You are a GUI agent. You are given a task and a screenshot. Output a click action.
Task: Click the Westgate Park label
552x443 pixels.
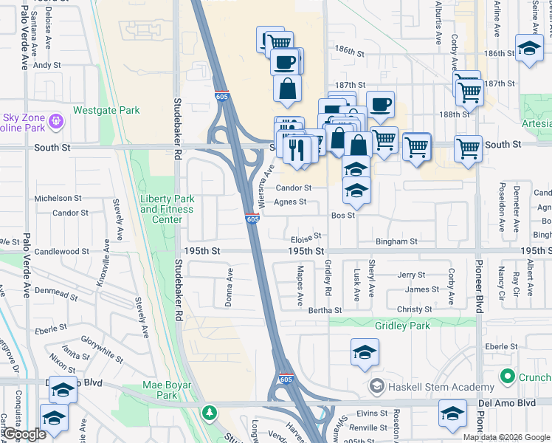click(x=106, y=111)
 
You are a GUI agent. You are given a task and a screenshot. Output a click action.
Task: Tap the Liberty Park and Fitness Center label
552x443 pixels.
click(x=167, y=209)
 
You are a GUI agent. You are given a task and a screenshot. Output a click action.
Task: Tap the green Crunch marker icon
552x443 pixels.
click(x=507, y=377)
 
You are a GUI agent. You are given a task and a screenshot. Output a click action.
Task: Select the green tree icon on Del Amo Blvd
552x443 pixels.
click(x=210, y=411)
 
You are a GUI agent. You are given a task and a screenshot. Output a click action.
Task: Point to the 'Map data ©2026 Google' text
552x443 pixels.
click(x=506, y=437)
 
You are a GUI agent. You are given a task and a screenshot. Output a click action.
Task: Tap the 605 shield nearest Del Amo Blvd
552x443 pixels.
click(x=285, y=380)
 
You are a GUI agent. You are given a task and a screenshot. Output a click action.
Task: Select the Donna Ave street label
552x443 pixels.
click(x=230, y=287)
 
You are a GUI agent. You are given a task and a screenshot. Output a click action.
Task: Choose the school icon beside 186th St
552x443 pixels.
click(x=528, y=49)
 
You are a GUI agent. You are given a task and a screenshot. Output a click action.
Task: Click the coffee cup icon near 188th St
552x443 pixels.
click(x=380, y=104)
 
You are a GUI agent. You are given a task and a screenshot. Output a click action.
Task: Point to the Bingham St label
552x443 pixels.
click(x=396, y=241)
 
